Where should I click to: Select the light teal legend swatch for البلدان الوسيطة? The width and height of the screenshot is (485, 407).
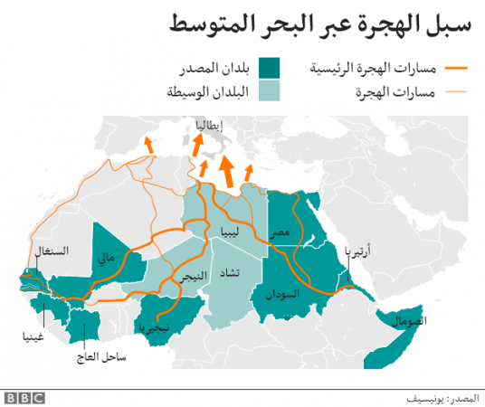coord(269,90)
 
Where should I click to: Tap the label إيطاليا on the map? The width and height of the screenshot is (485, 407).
coord(205,128)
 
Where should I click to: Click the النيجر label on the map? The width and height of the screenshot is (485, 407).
coord(176,279)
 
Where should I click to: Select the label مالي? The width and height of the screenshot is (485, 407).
coord(107,259)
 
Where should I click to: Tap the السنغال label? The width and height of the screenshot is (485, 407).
coord(51,250)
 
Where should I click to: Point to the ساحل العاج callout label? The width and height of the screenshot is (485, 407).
coord(101,358)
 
